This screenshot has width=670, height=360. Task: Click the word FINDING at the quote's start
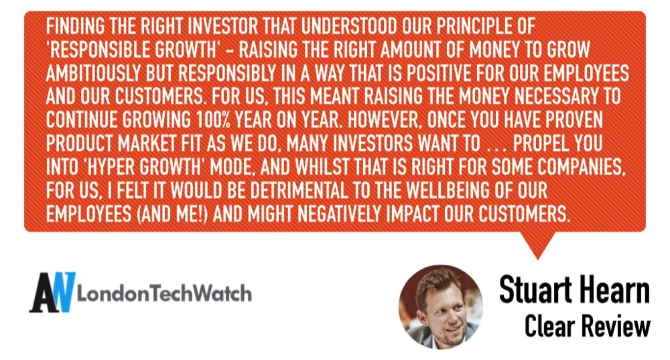pyautogui.click(x=75, y=27)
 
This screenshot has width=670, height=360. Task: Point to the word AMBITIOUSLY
pyautogui.click(x=94, y=73)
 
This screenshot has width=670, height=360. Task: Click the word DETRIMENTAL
pyautogui.click(x=299, y=190)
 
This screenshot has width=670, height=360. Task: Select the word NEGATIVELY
pyautogui.click(x=339, y=214)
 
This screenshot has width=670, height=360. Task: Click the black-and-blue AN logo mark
pyautogui.click(x=52, y=292)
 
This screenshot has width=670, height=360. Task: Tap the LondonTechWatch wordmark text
pyautogui.click(x=164, y=294)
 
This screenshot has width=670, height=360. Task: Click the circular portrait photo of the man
pyautogui.click(x=441, y=306)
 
